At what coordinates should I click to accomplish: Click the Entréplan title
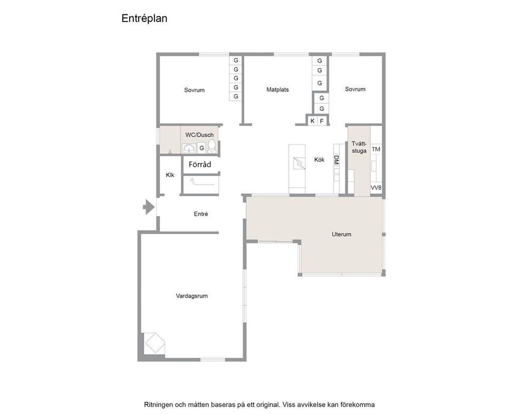144,18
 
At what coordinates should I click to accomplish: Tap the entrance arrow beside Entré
149,207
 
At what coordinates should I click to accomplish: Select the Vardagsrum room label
192,296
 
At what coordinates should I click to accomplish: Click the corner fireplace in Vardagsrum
155,343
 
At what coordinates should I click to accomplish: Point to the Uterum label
341,234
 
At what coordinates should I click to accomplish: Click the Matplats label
277,90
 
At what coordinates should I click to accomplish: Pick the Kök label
319,160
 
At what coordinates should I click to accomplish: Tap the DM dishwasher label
336,160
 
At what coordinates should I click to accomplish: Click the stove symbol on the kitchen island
299,163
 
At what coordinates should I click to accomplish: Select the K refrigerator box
312,121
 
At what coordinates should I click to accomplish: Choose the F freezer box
322,121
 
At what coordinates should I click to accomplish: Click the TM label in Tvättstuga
376,149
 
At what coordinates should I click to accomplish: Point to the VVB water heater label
376,188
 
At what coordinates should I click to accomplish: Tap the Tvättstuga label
359,147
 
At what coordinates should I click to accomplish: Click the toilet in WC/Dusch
212,146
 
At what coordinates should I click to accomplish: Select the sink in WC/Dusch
189,148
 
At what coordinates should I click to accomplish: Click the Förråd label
200,165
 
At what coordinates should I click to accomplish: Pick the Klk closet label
170,175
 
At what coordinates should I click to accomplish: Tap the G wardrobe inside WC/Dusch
201,148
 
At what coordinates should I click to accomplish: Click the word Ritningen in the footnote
159,405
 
